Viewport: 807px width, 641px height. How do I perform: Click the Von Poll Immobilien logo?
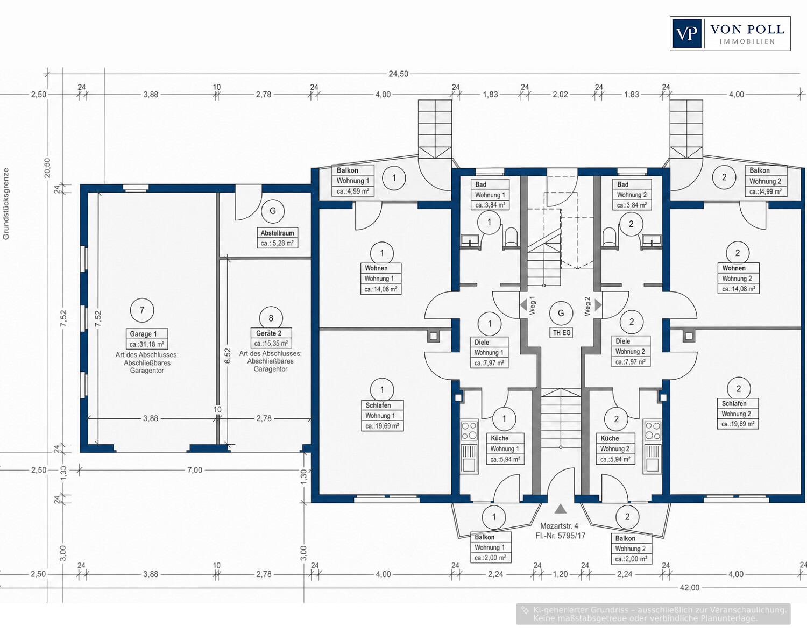730,33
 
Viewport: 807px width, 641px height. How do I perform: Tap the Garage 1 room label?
147,339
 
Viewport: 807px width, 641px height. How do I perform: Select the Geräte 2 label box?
271,338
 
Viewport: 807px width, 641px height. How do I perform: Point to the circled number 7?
141,310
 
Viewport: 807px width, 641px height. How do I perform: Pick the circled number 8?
271,318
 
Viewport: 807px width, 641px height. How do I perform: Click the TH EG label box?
561,332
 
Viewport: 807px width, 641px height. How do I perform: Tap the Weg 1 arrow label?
528,305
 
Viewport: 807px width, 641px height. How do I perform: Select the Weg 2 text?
587,307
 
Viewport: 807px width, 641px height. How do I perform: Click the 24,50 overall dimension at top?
398,74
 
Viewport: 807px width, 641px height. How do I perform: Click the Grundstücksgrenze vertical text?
5,204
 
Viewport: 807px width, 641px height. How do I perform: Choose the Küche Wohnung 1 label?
505,448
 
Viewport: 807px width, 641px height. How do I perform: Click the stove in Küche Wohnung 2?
653,430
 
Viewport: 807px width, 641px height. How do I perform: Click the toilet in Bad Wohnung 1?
511,238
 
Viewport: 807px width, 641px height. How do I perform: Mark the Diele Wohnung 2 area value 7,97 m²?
631,362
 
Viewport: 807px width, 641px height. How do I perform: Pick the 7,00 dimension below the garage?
195,470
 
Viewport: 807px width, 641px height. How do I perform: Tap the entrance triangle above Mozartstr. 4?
560,509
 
